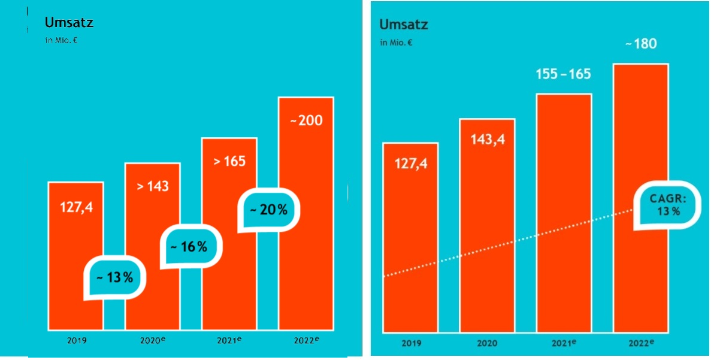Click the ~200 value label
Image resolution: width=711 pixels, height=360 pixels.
306,120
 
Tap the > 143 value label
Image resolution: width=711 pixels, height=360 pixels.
153,186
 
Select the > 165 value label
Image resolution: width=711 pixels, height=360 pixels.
229,161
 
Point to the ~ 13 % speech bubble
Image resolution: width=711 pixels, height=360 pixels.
115,277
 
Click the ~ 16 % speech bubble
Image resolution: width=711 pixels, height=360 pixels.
190,246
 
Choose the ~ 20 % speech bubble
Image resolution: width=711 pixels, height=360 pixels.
268,210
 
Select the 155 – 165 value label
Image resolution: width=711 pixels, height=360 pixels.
564,74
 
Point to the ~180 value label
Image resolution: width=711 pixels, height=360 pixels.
640,44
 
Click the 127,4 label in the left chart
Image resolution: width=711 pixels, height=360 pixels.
76,207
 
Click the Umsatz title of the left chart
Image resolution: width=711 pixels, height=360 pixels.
69,23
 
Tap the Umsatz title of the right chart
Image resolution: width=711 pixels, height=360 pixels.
404,25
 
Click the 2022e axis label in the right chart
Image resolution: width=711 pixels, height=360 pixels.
641,343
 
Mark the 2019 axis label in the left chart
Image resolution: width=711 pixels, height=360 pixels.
77,340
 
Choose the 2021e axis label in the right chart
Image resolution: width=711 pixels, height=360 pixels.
564,343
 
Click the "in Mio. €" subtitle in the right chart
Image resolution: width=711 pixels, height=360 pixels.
396,43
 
